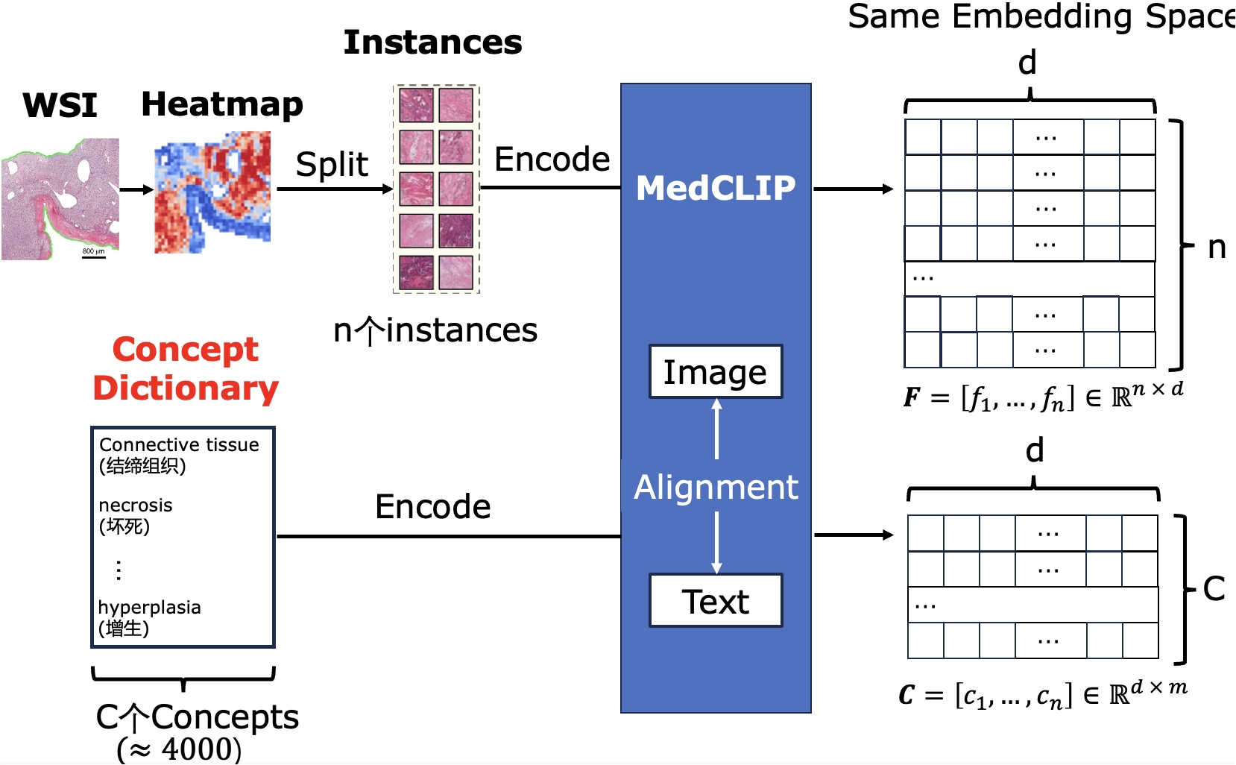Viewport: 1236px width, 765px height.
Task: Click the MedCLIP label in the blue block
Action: click(716, 188)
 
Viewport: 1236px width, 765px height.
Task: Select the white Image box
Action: click(716, 371)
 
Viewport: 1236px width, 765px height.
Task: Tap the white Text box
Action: click(716, 601)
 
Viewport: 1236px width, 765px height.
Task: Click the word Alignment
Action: click(716, 487)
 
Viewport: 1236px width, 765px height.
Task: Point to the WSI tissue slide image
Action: click(60, 198)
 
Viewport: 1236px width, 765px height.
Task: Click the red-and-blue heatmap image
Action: click(212, 192)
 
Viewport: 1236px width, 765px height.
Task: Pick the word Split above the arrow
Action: click(332, 164)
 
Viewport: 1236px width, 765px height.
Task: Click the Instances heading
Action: click(432, 42)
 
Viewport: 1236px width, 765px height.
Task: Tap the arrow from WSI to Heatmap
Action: click(136, 190)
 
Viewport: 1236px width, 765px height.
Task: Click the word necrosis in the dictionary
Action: click(136, 506)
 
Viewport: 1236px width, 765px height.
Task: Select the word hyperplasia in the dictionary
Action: click(150, 607)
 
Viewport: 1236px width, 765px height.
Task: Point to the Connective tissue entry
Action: click(179, 445)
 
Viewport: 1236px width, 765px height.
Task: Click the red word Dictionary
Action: click(186, 388)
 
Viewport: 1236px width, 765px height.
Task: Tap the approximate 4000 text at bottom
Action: click(180, 749)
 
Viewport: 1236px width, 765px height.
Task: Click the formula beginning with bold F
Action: click(1043, 397)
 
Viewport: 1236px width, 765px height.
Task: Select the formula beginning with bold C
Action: click(1042, 695)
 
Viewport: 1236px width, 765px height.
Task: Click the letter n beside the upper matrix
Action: click(1217, 248)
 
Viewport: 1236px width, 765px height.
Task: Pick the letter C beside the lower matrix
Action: click(1214, 588)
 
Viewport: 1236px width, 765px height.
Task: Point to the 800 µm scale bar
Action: click(93, 253)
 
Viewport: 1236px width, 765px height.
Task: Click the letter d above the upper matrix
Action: click(1028, 63)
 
